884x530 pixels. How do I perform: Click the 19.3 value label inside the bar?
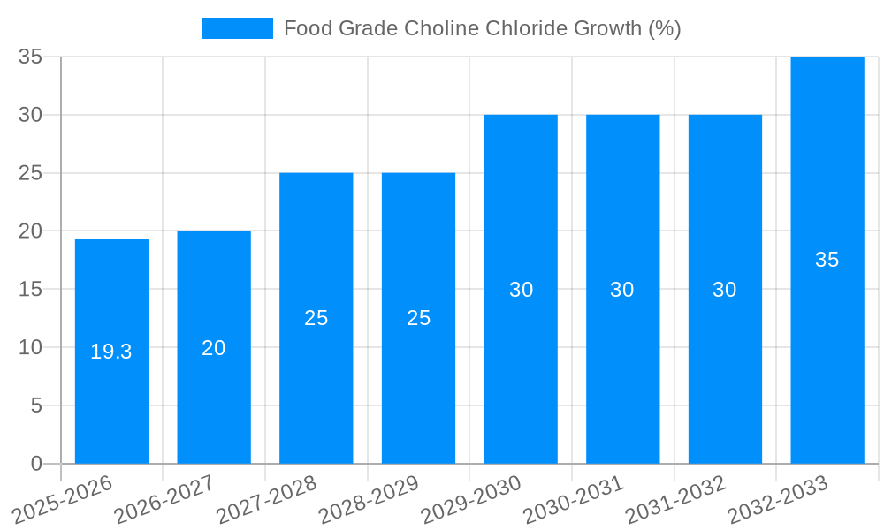111,352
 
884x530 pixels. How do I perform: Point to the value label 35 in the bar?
827,260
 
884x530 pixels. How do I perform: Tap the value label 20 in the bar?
214,348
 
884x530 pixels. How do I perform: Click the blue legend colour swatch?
238,28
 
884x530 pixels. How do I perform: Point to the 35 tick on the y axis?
31,57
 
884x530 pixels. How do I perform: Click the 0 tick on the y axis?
36,464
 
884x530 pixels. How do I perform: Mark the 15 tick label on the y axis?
31,289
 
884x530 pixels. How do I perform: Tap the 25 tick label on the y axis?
31,173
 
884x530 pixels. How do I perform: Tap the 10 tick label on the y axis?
31,347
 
